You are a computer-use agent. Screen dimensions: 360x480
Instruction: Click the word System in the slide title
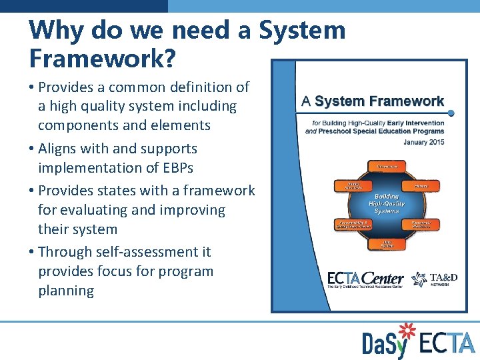[302, 30]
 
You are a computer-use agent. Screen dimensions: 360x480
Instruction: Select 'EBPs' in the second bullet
[180, 167]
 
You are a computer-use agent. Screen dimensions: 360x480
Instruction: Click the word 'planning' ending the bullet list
[66, 291]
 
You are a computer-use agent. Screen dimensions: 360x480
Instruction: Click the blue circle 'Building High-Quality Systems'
[386, 203]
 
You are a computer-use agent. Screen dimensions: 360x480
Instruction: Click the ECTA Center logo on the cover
[365, 279]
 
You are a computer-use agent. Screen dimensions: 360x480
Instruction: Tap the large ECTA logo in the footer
[447, 343]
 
